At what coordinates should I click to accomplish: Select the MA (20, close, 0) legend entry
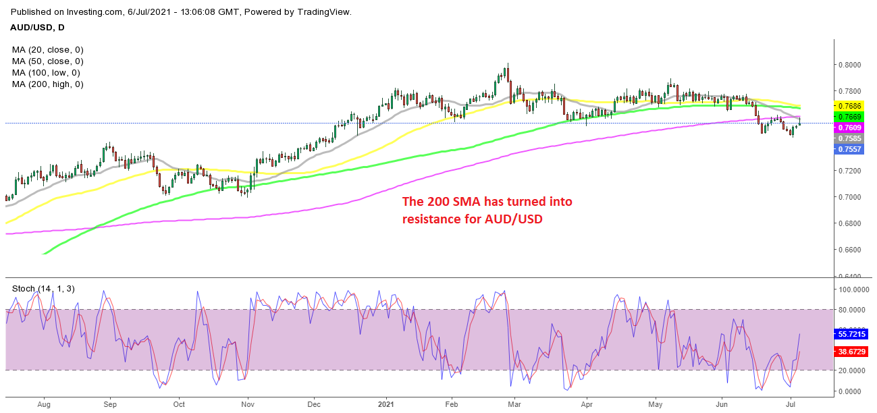48,50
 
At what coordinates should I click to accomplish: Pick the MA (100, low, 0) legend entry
46,72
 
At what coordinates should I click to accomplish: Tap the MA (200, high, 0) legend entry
47,84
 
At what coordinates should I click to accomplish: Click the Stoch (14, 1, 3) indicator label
43,289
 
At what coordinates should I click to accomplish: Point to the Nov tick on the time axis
247,405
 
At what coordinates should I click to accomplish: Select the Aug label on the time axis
44,405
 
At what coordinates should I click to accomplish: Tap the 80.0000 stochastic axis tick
853,309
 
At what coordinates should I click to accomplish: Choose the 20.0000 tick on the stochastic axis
853,370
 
